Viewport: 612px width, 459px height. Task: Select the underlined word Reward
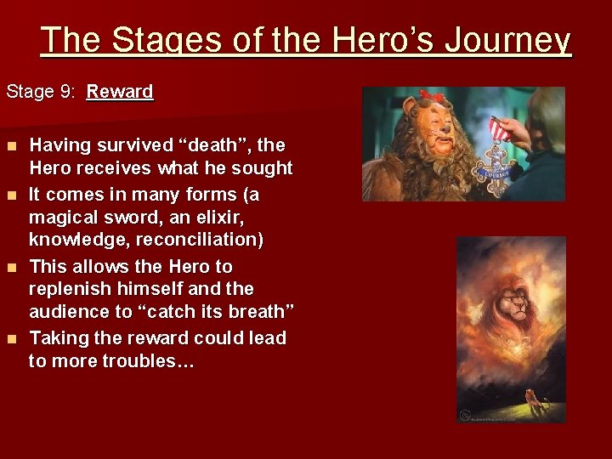[x=120, y=91]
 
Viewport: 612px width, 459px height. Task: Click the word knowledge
[x=72, y=241]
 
